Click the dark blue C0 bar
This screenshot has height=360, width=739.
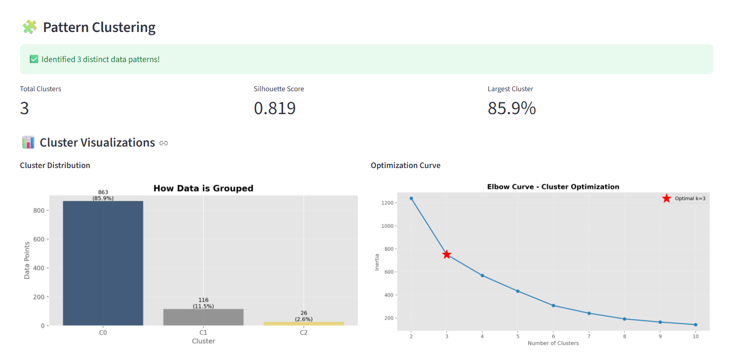103,263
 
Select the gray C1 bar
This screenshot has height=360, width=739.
203,317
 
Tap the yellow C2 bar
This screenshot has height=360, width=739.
304,324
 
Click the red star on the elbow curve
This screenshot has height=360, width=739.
446,254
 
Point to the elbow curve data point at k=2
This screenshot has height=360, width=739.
411,198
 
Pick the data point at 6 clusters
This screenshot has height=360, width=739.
553,306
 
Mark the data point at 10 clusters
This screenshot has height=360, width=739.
696,325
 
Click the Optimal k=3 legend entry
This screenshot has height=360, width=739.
683,198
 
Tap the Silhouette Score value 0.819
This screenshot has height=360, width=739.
274,108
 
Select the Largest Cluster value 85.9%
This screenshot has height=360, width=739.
511,108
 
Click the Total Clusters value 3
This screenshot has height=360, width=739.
24,108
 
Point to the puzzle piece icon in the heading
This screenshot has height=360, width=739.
30,27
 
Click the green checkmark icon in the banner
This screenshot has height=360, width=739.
34,59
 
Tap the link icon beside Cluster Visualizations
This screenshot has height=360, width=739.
164,143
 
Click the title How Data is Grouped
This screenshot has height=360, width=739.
203,189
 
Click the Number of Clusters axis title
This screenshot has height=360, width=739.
553,343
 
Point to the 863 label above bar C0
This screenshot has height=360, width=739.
103,192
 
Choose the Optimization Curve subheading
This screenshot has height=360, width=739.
405,165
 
